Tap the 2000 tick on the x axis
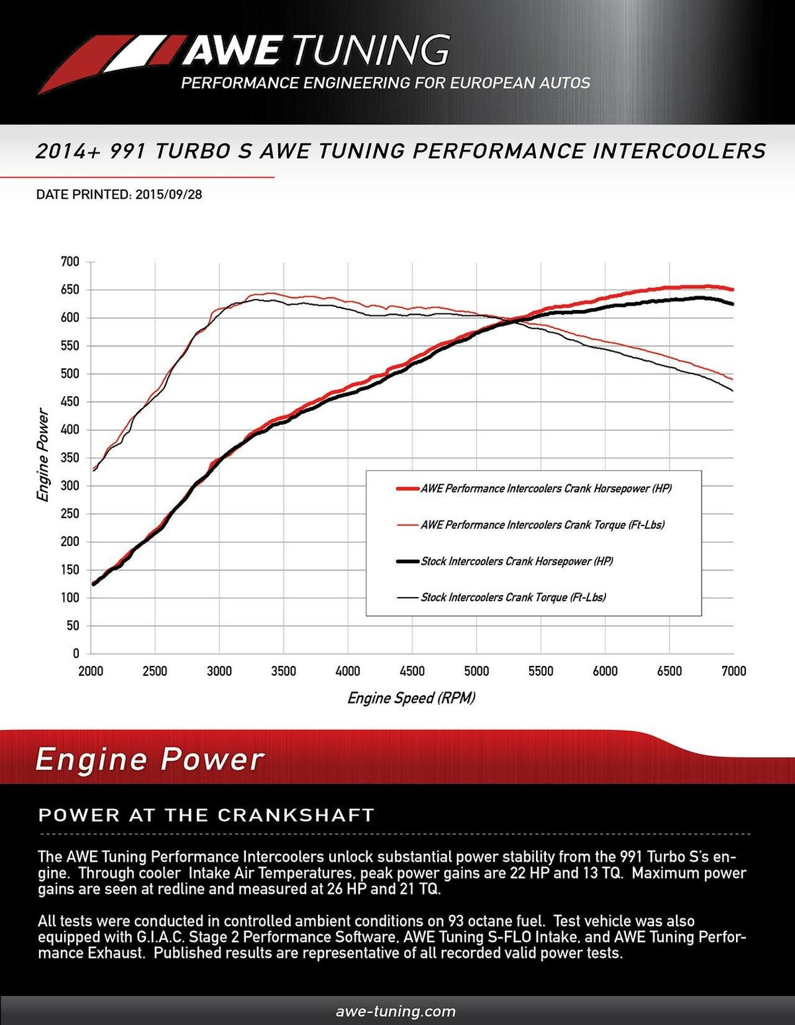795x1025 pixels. tap(91, 671)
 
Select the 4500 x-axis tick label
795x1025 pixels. tap(412, 671)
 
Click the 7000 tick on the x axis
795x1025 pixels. tap(733, 671)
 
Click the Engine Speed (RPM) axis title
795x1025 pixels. tap(411, 698)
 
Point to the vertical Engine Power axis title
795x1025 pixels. tap(43, 456)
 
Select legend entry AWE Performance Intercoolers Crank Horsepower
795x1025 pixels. tap(546, 488)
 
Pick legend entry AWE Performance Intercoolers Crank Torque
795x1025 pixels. tap(542, 525)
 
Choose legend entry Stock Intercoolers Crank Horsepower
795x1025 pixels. tap(517, 561)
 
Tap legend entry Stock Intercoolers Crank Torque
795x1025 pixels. tap(513, 597)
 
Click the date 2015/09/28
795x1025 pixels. tap(168, 195)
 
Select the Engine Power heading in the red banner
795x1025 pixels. tap(150, 759)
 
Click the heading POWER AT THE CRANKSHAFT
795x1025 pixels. tap(207, 814)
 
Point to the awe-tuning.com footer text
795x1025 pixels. tap(396, 1011)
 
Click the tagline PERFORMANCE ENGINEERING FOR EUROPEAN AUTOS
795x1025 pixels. tap(386, 83)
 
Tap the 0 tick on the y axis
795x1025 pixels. tap(75, 653)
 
